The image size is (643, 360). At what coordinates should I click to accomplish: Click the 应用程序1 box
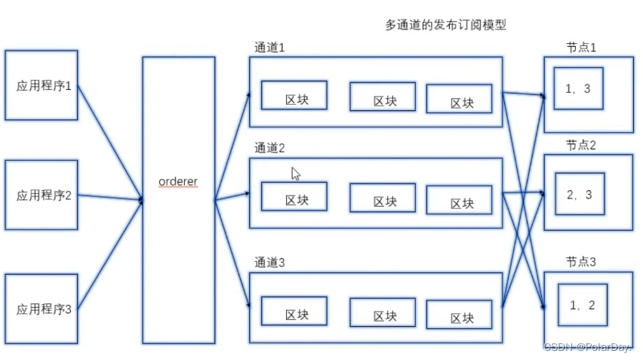[x=42, y=85]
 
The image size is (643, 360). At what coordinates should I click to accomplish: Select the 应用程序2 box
[x=42, y=195]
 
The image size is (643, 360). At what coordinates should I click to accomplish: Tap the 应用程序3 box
[x=42, y=309]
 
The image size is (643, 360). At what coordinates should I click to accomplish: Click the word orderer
[x=178, y=182]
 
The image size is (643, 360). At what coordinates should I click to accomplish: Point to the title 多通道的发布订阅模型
[x=445, y=25]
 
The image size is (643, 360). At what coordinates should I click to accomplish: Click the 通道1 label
[x=269, y=48]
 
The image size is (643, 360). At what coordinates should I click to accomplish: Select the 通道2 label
[x=269, y=148]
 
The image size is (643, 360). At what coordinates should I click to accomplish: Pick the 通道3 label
[x=269, y=263]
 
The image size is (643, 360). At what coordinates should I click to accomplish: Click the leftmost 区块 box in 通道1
[x=294, y=96]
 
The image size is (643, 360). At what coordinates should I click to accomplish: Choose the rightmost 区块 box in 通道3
[x=460, y=314]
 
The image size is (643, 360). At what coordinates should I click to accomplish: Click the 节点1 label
[x=581, y=47]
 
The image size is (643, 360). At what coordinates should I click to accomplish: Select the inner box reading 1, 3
[x=578, y=90]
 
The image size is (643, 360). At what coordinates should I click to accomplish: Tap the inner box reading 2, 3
[x=579, y=195]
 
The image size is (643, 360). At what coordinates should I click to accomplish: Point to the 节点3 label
[x=581, y=262]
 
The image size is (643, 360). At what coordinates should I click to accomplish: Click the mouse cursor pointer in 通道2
[x=295, y=174]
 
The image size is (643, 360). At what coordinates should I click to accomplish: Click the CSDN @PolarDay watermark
[x=588, y=346]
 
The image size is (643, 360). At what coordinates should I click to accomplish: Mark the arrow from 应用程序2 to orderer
[x=110, y=198]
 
